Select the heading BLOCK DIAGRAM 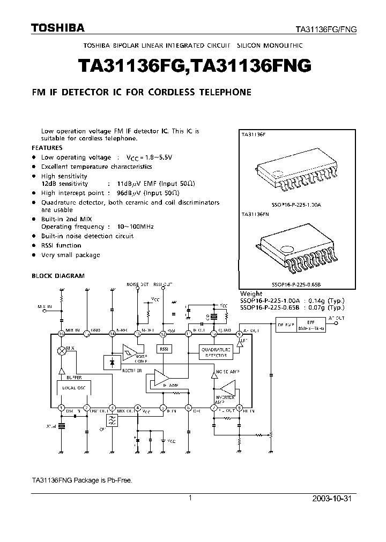pos(58,276)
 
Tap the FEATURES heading pos(47,147)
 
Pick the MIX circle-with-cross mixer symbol pos(62,351)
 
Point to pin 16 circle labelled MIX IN pos(61,334)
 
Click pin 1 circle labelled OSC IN pos(61,407)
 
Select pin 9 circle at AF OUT pos(240,334)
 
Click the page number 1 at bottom pos(190,498)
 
